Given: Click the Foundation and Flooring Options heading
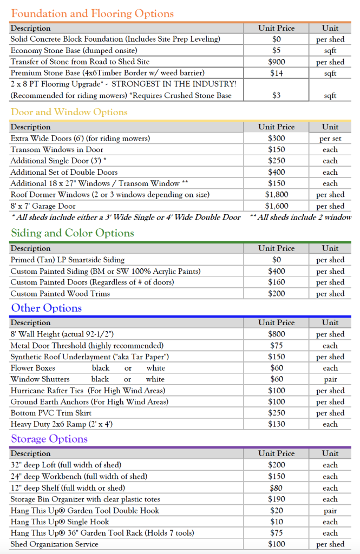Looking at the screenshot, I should pos(93,14).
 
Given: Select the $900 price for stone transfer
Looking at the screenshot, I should pos(277,62).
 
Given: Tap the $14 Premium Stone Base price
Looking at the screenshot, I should pos(277,73).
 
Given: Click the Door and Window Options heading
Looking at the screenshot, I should pos(69,112).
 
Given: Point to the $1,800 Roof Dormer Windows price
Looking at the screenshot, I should pos(277,195).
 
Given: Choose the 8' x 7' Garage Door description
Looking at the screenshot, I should pos(43,206).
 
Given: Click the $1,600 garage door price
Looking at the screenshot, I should pos(277,206).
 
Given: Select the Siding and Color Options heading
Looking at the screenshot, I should pos(73,233).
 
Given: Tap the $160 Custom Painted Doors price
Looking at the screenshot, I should pos(277,282).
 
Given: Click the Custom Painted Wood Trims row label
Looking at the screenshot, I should pos(60,294).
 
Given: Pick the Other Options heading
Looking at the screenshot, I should pos(47,308).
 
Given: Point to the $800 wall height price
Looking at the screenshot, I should pos(277,334).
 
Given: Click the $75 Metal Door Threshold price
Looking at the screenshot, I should pos(277,346).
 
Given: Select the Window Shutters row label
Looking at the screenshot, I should pos(40,379).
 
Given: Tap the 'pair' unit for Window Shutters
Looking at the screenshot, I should pos(330,379).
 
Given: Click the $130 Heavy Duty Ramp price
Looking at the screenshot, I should pos(277,424).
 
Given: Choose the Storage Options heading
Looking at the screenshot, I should pos(49,439).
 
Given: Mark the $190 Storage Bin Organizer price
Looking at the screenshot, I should pos(277,499).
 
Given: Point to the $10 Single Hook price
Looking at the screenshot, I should pos(277,522).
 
